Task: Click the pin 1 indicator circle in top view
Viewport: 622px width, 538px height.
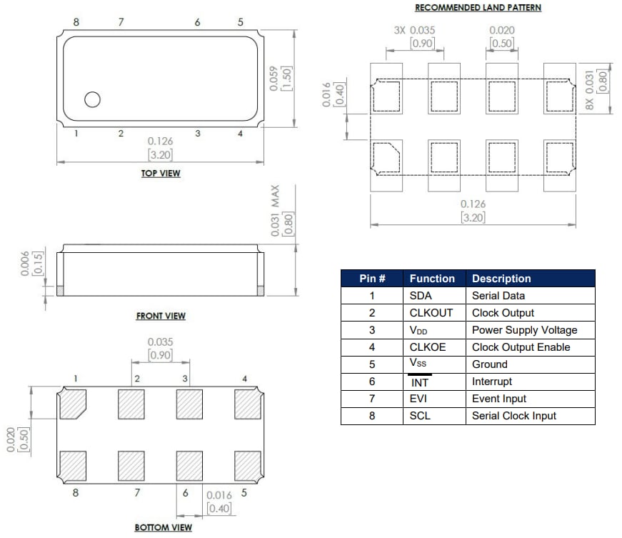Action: coord(92,100)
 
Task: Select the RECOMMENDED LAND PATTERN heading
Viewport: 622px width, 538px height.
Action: coord(478,8)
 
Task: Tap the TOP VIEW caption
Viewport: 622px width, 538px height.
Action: coord(160,173)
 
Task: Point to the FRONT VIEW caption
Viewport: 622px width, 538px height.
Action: coord(161,316)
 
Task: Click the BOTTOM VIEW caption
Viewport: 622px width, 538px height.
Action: coord(163,527)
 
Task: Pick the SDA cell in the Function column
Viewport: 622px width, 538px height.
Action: coord(421,296)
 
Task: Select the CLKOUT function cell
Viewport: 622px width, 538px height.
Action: coord(431,313)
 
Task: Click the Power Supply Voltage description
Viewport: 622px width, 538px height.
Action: coord(524,330)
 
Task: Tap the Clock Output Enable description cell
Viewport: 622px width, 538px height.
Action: coord(521,347)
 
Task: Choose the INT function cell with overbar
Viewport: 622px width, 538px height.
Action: coord(420,382)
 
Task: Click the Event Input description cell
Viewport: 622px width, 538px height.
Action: coord(499,399)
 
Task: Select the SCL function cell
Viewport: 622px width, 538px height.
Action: coord(420,416)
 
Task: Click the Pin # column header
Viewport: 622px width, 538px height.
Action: coord(371,279)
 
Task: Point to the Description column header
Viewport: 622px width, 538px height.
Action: coord(501,279)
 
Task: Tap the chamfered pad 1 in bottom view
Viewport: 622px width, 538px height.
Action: coord(73,404)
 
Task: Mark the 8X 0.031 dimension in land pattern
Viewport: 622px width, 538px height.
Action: coord(589,89)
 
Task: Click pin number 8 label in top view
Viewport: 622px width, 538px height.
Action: coord(76,22)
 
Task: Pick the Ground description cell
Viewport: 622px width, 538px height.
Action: coord(490,364)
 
